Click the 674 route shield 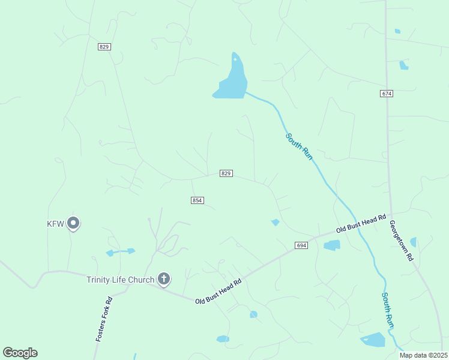[387, 94]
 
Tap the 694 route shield [301, 245]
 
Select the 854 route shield [197, 200]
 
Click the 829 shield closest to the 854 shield [226, 173]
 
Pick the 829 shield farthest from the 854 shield [104, 47]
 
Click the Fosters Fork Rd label [104, 319]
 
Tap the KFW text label [55, 224]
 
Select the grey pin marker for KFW [73, 223]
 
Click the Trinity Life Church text [120, 280]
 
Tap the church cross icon [163, 278]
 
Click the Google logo [20, 353]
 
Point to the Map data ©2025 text [424, 355]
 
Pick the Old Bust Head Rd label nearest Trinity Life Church [218, 291]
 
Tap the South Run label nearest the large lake [299, 146]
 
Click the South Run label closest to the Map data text [388, 310]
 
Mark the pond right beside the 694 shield [331, 245]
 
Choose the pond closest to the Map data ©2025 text [373, 340]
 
